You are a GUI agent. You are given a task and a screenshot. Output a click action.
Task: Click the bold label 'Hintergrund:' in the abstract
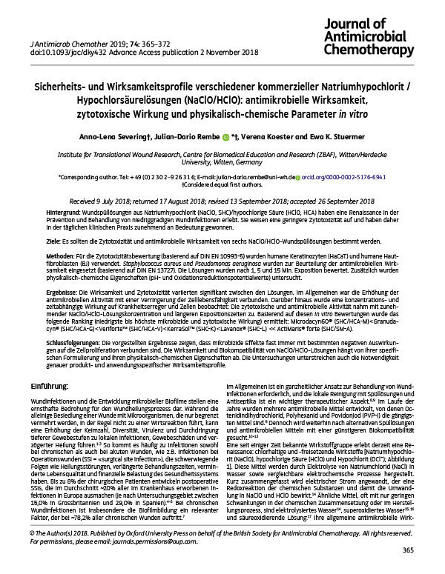coord(44,211)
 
